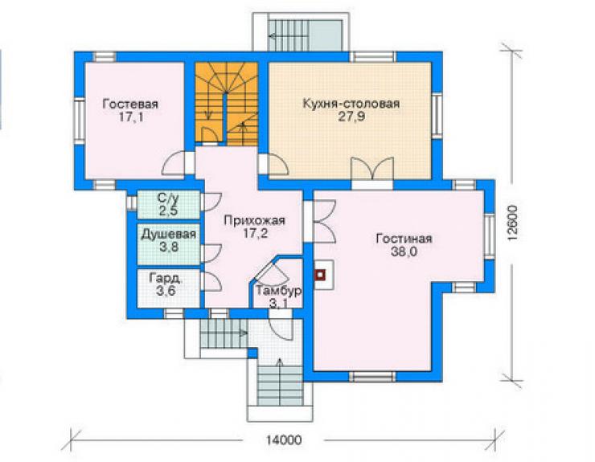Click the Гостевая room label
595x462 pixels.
coord(130,104)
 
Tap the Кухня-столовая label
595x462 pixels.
coord(351,103)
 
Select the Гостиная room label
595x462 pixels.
coord(404,239)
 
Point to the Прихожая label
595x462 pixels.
coord(254,220)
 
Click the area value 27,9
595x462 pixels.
coord(351,117)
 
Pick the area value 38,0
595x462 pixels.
coord(404,251)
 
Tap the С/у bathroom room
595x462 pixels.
coord(169,205)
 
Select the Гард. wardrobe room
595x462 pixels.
coord(169,288)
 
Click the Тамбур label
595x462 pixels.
coord(279,291)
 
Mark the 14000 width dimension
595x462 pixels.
coord(284,440)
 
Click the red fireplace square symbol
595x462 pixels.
coord(321,274)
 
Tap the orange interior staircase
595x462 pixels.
coord(227,104)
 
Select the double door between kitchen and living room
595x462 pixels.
coord(371,169)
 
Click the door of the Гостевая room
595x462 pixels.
coord(174,163)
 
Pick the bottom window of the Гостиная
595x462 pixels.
coord(371,376)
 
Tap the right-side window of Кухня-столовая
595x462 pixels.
coord(437,116)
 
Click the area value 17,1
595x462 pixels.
coord(131,117)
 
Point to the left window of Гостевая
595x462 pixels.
coord(80,121)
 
